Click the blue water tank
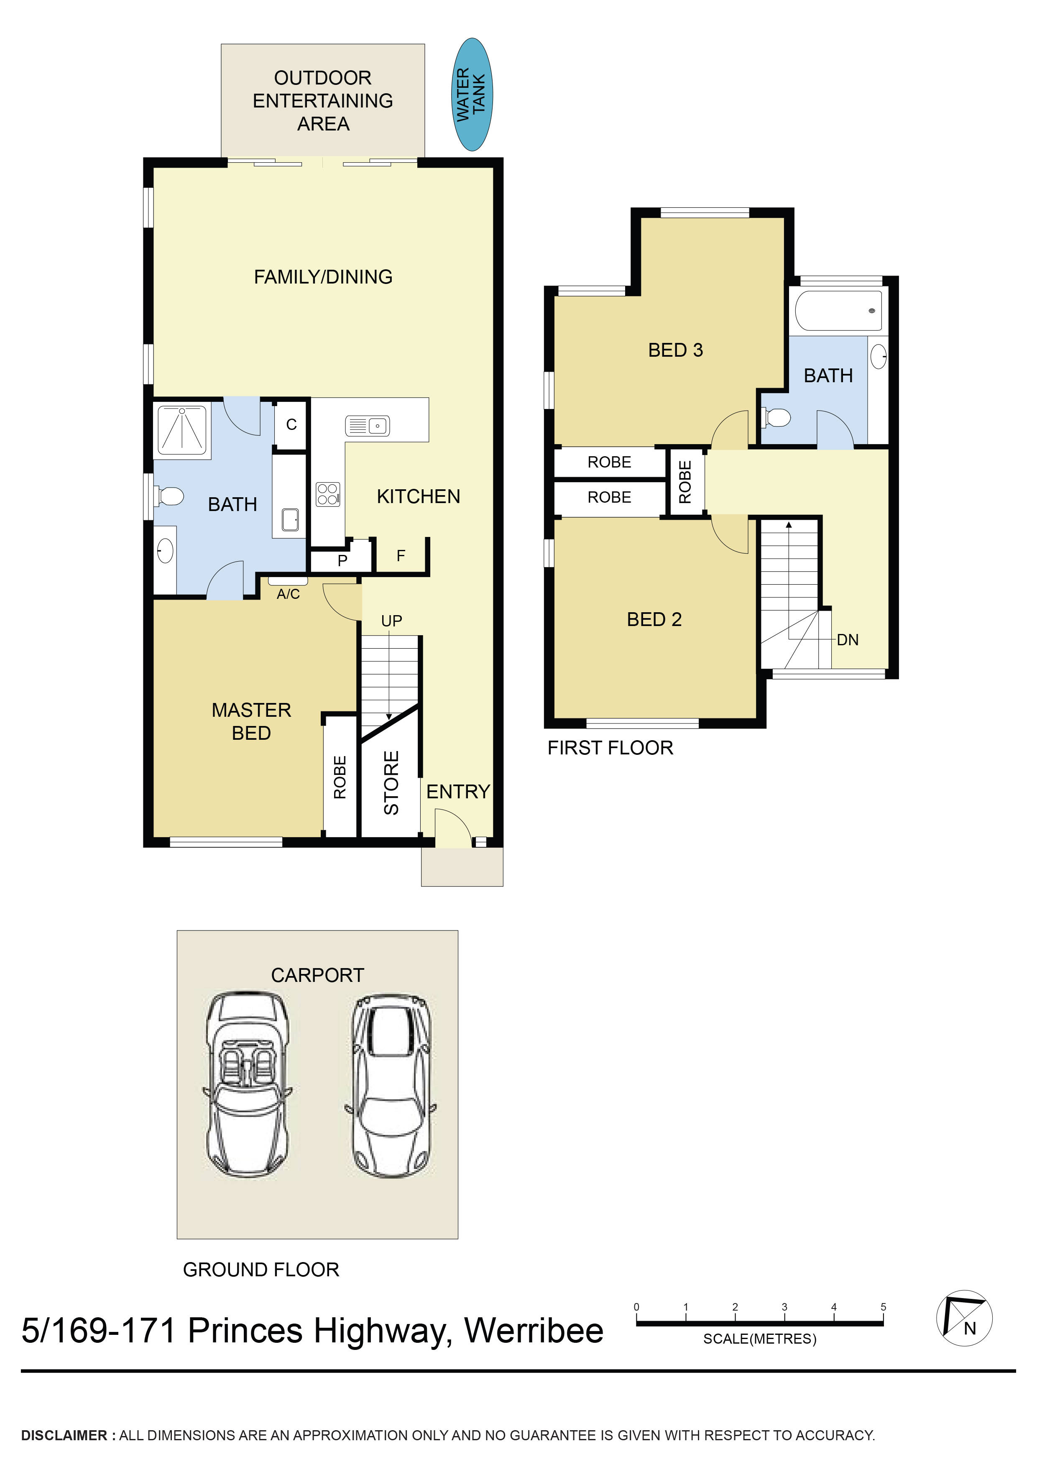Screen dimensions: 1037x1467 (472, 95)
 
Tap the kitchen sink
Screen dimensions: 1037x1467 (368, 426)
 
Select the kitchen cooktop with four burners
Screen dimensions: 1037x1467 (328, 495)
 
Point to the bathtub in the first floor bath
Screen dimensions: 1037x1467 (838, 311)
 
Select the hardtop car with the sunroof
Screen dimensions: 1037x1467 (391, 1086)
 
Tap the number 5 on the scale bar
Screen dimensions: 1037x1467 (883, 1307)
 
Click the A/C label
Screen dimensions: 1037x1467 (288, 594)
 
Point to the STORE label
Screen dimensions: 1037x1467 (391, 783)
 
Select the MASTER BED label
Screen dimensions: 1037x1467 (251, 721)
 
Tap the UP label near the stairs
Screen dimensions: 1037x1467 (392, 621)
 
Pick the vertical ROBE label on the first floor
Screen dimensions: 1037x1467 (685, 483)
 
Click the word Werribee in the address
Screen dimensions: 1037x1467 (534, 1331)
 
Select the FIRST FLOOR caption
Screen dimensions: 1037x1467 (610, 748)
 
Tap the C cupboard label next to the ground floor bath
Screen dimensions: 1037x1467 (291, 424)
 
